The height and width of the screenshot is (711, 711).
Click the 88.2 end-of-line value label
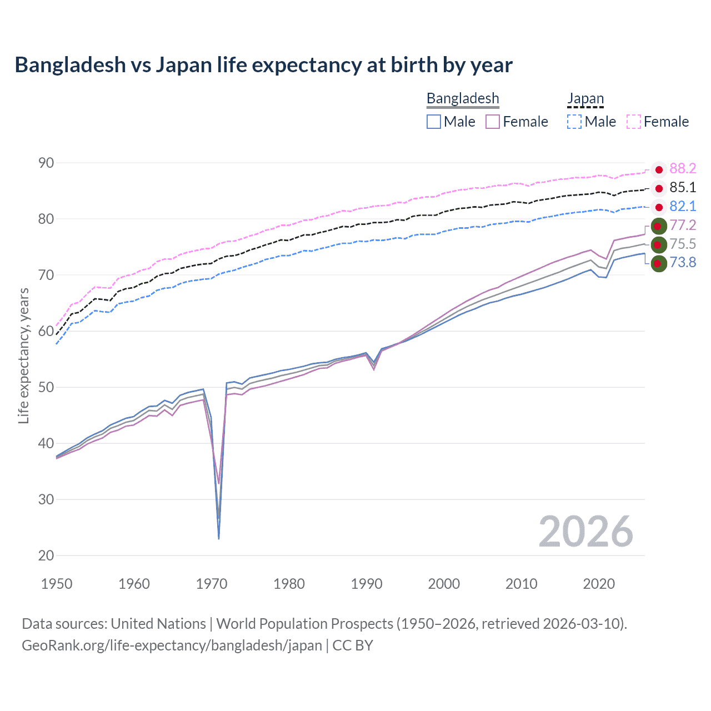tap(683, 169)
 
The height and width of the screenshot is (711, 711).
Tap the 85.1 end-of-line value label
tap(683, 188)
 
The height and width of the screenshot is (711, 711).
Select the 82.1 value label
tap(683, 207)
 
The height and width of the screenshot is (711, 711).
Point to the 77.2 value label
tap(683, 225)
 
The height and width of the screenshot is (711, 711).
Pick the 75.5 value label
tap(683, 244)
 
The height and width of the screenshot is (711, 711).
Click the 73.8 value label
tap(683, 262)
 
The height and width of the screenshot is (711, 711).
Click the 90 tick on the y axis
tap(46, 163)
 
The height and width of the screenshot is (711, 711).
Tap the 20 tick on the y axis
tap(46, 555)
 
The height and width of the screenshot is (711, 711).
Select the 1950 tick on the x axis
tap(57, 584)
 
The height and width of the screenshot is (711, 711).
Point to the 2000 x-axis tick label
tap(444, 584)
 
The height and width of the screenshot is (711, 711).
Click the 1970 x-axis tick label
tap(212, 584)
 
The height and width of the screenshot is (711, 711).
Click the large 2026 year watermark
tap(586, 532)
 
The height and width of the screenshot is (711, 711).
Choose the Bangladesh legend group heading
tap(463, 98)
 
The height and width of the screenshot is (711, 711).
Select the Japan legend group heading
tap(585, 98)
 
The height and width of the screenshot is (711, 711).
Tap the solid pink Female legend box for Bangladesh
tap(493, 122)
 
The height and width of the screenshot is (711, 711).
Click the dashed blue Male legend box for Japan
tap(574, 122)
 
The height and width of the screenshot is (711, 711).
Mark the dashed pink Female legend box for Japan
tap(634, 122)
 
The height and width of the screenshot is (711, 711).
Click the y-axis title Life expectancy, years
tap(23, 355)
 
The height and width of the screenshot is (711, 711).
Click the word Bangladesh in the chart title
tap(71, 65)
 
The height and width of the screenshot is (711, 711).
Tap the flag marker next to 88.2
tap(659, 169)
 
